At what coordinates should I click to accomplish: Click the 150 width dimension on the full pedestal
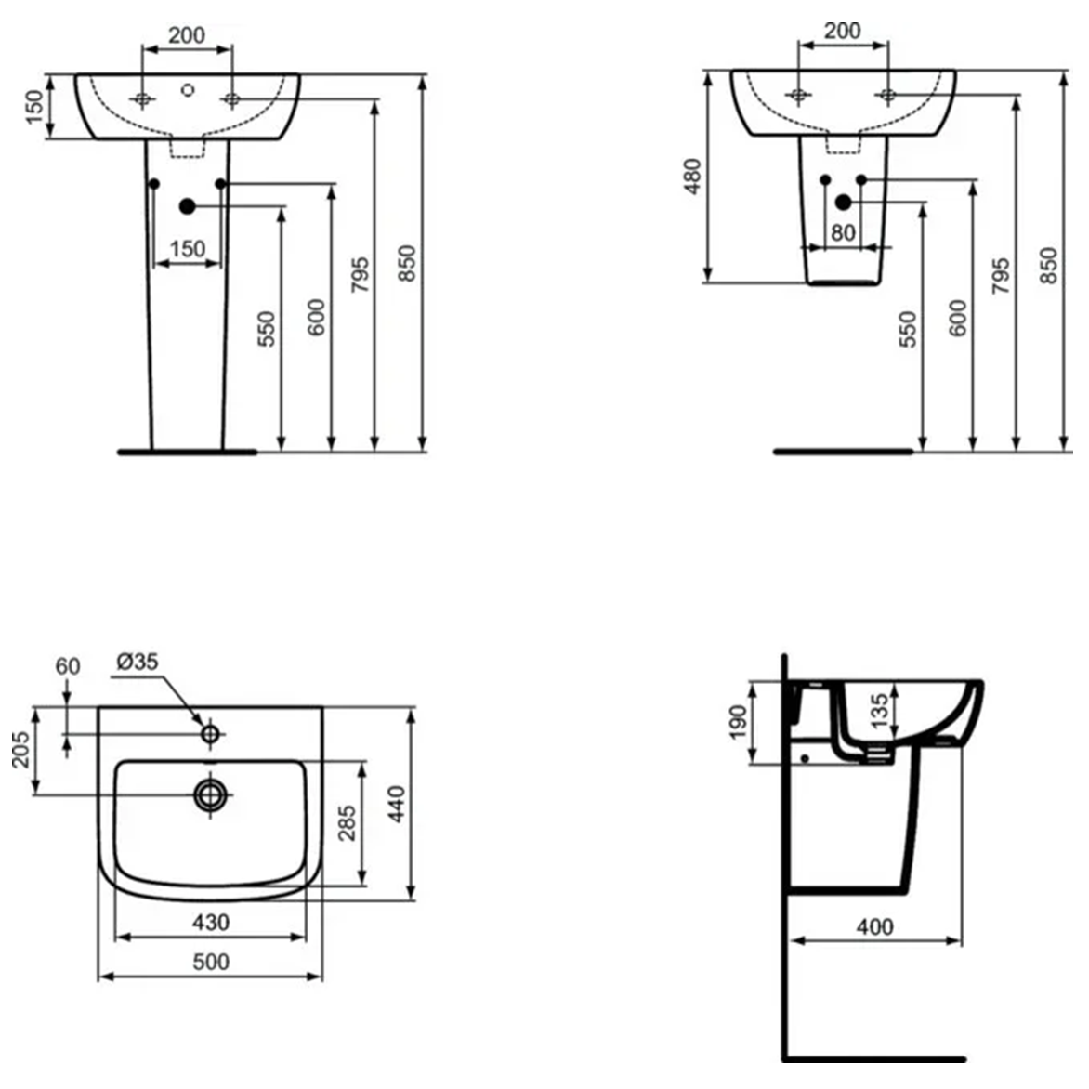[x=188, y=249]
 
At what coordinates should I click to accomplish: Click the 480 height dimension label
[x=692, y=177]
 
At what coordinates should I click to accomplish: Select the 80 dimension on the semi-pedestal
[x=843, y=232]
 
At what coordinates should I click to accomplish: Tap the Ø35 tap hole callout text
[x=138, y=662]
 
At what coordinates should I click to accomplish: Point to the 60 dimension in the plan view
[x=68, y=666]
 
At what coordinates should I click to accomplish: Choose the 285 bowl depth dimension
[x=346, y=822]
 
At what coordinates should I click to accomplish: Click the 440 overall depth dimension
[x=397, y=804]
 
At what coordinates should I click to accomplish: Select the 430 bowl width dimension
[x=210, y=923]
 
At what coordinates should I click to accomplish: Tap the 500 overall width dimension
[x=210, y=962]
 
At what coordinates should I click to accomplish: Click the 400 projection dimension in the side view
[x=874, y=926]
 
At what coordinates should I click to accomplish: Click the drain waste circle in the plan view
[x=211, y=794]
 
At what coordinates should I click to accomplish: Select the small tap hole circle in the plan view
[x=211, y=734]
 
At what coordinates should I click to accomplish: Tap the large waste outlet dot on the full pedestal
[x=187, y=206]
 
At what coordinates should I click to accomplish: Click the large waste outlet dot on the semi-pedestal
[x=844, y=202]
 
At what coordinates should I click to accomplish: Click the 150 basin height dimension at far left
[x=33, y=107]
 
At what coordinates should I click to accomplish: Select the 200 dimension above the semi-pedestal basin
[x=843, y=31]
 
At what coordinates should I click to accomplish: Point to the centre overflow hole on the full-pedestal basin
[x=187, y=90]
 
